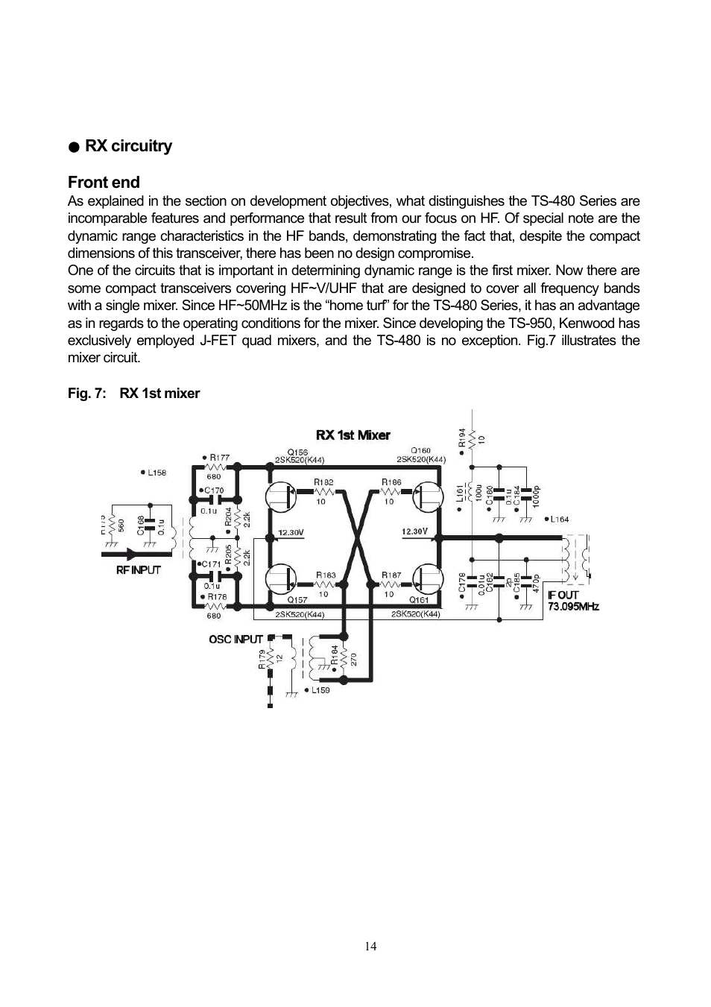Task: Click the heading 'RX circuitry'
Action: pos(128,146)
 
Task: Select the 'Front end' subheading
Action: pos(104,183)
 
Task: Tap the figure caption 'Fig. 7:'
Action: pos(87,394)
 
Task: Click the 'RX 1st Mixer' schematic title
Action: pos(353,435)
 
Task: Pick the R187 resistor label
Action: pos(391,575)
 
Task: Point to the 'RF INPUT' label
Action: pos(139,570)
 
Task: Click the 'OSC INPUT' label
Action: pos(236,639)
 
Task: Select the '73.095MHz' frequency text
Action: pos(573,607)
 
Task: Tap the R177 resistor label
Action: pos(219,458)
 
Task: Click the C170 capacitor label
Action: pos(214,490)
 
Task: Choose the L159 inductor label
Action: pos(320,690)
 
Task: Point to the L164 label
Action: pos(559,520)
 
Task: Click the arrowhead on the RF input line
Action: pos(133,555)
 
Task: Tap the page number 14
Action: pos(371,947)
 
